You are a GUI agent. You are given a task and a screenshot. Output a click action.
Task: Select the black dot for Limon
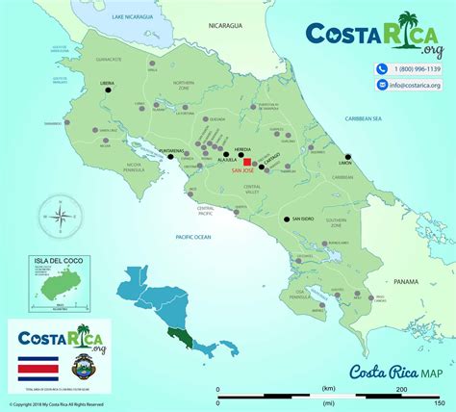348,158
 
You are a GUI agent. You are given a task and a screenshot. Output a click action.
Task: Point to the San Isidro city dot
287,220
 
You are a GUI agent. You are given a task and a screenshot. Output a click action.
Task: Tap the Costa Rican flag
38,369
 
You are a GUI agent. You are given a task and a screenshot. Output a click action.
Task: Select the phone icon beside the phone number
382,69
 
